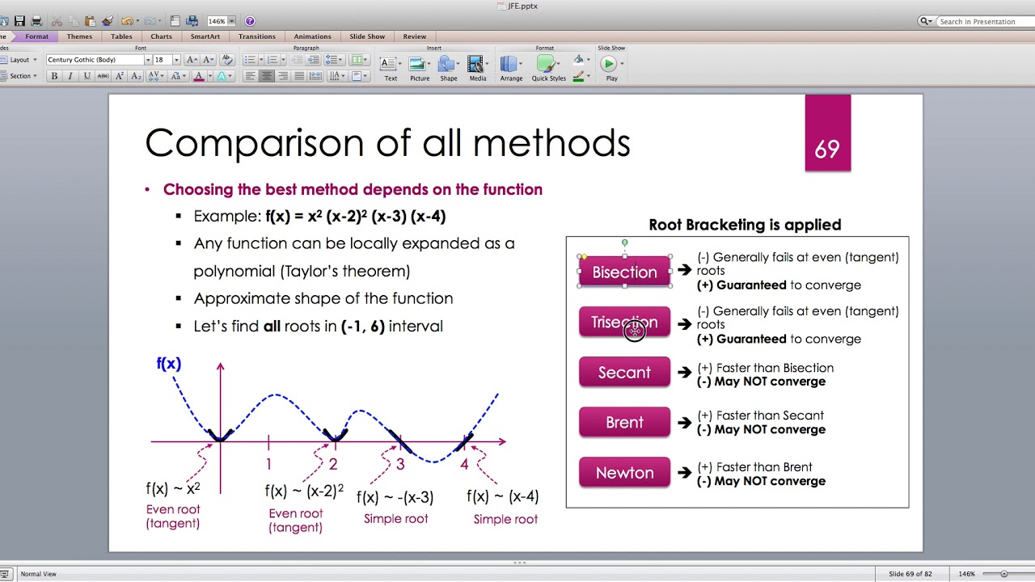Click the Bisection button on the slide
(624, 272)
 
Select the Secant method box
(624, 373)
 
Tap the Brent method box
(624, 423)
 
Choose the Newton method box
(624, 473)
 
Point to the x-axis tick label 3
(399, 465)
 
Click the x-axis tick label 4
(464, 465)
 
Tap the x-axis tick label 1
(268, 465)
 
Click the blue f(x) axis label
(168, 364)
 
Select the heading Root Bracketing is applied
(745, 225)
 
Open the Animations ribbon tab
(312, 36)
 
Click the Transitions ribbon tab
(257, 36)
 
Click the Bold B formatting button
(54, 76)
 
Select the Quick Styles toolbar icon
(548, 65)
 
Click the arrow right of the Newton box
(685, 473)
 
